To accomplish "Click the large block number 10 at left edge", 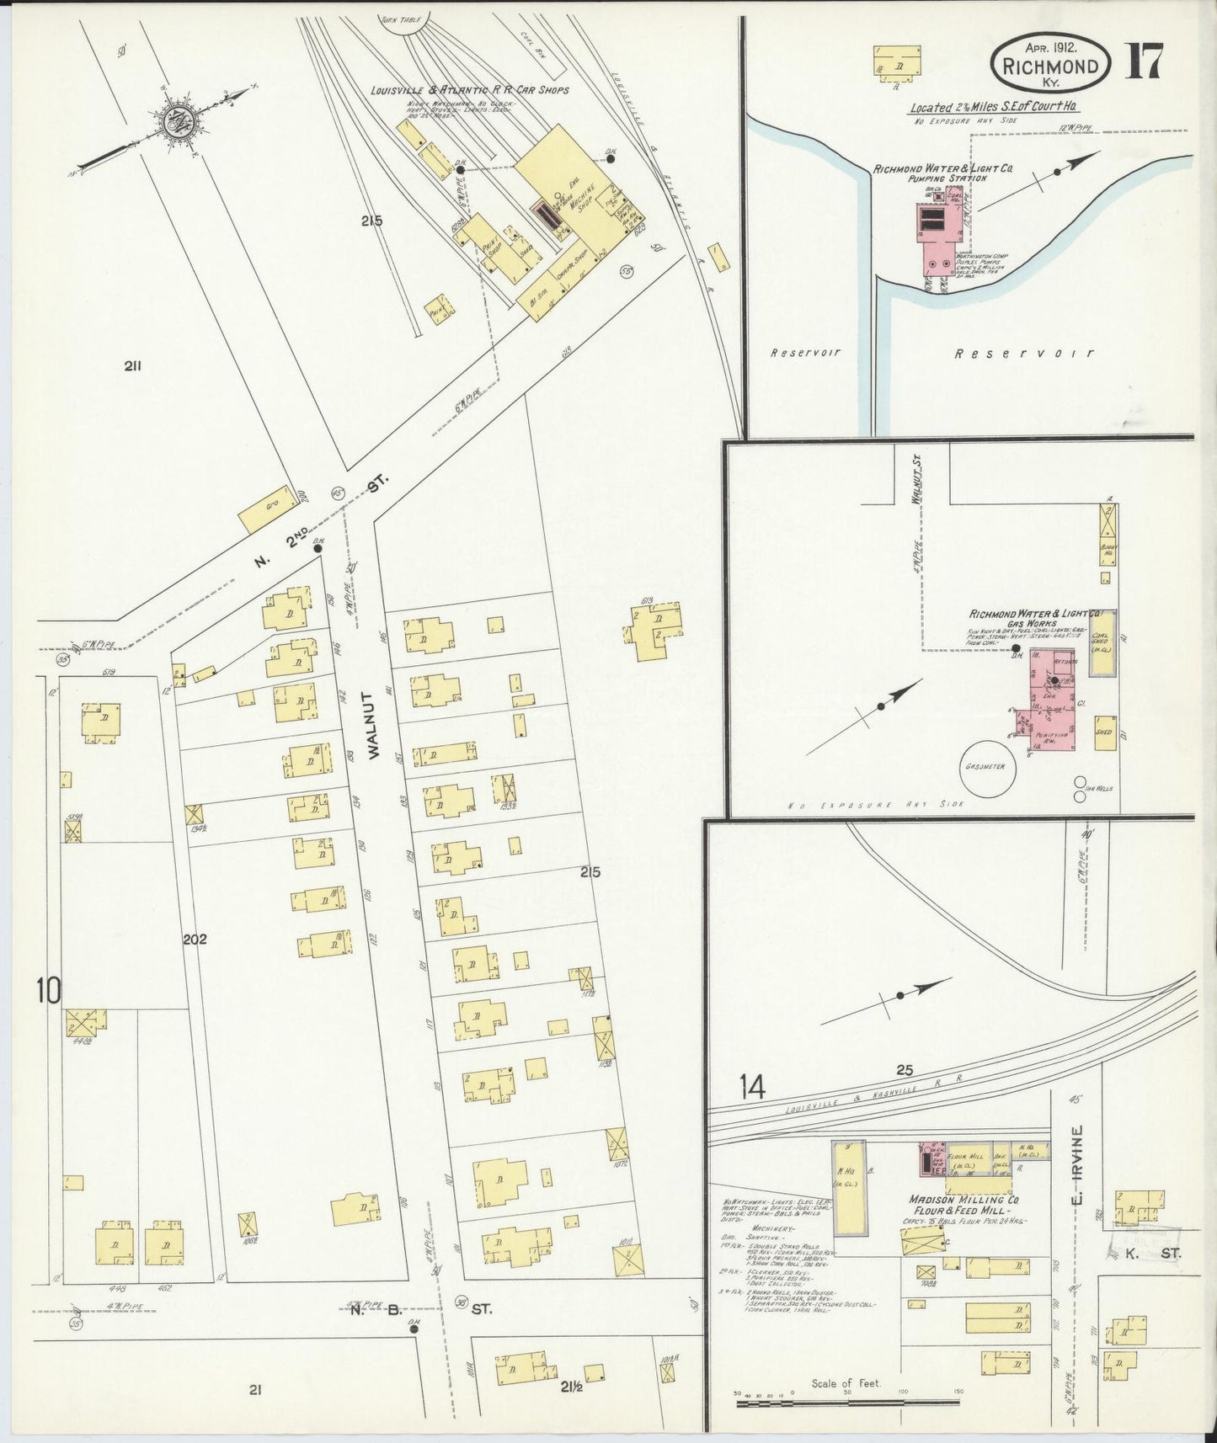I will [x=48, y=991].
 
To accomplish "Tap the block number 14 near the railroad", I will [x=753, y=1088].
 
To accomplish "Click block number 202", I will [x=194, y=939].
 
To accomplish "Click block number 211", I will [x=131, y=365].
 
